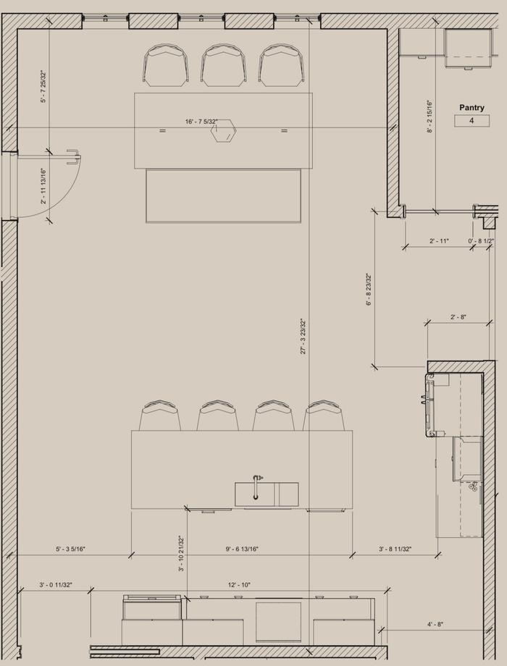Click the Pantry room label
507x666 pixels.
tap(472, 107)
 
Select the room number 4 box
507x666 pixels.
tap(472, 121)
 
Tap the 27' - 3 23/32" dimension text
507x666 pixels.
tap(303, 336)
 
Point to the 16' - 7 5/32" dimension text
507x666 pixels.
tap(201, 122)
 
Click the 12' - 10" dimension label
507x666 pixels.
tap(239, 585)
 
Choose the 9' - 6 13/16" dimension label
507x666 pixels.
tap(242, 549)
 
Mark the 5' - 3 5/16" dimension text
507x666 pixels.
tap(70, 549)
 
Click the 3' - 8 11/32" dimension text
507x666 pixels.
tap(395, 549)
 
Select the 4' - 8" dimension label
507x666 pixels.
tap(435, 624)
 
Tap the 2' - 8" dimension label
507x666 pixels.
tap(458, 317)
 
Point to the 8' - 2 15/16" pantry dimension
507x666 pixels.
tap(430, 117)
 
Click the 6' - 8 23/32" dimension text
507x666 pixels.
tap(369, 290)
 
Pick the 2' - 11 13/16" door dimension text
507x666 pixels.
tap(43, 186)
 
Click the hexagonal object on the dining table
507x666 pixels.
tap(223, 131)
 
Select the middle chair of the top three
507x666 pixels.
tap(224, 65)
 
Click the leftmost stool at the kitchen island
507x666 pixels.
tap(160, 415)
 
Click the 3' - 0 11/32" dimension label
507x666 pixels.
tap(56, 585)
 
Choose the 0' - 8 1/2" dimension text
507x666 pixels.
tap(481, 241)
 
